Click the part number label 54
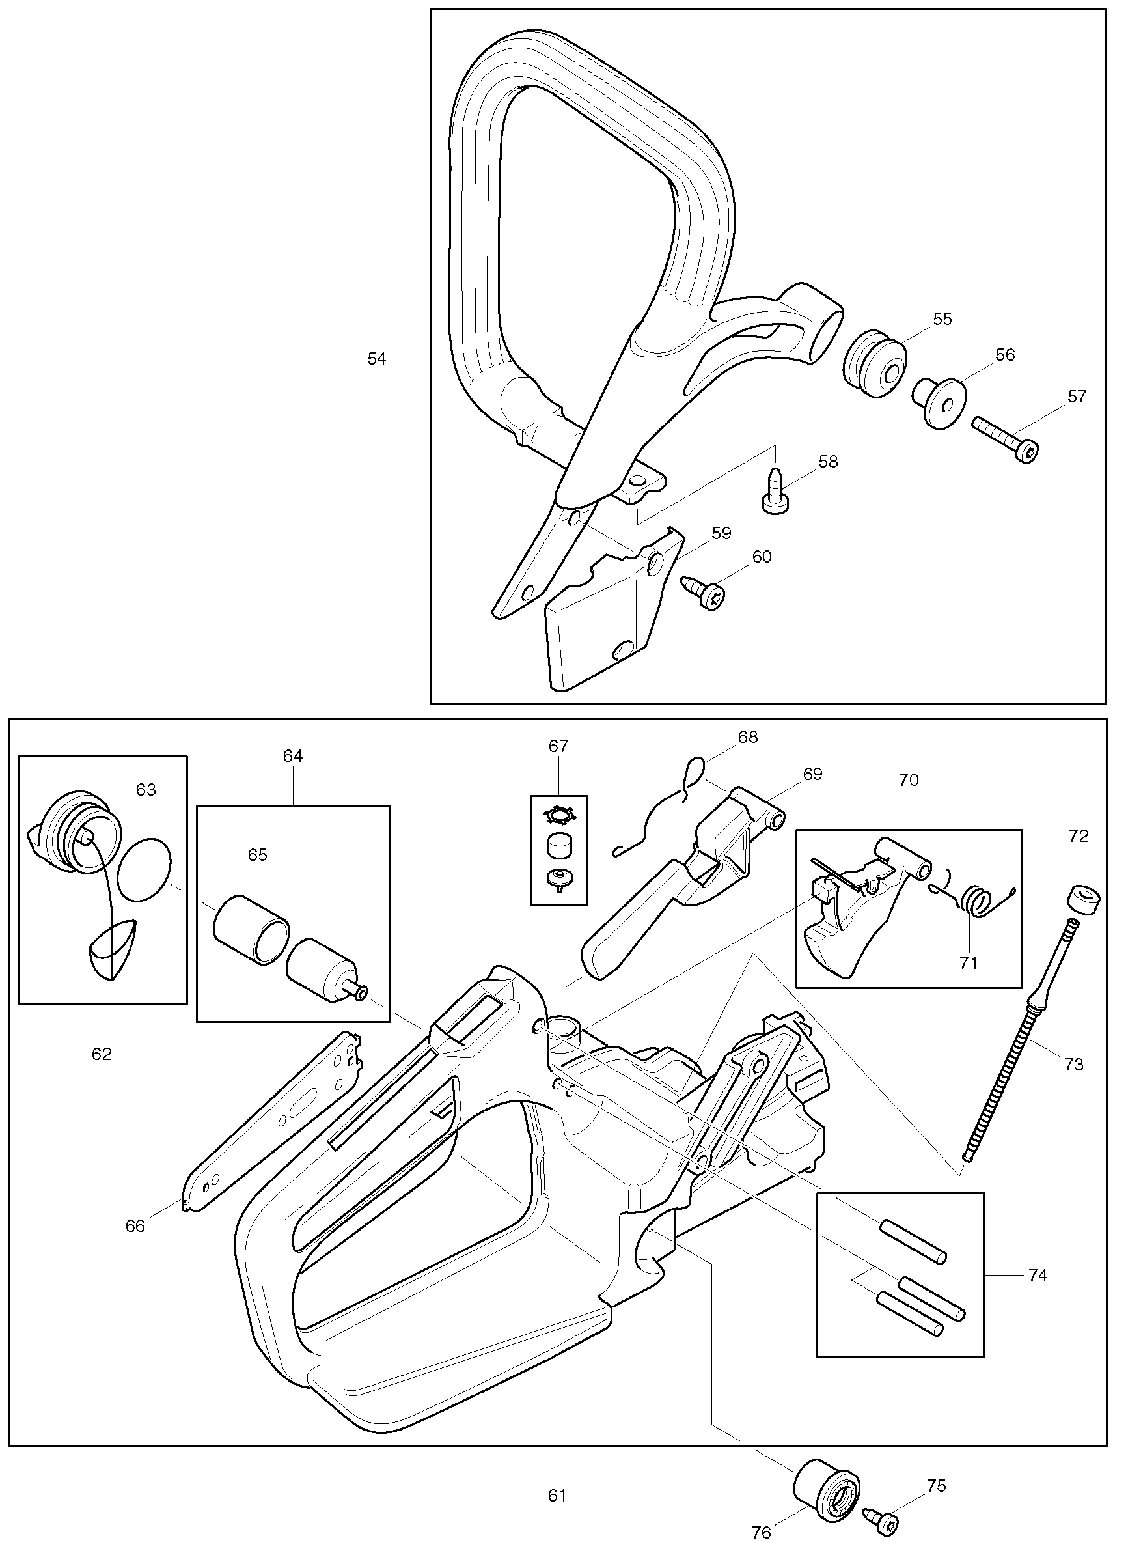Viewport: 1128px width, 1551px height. pyautogui.click(x=377, y=359)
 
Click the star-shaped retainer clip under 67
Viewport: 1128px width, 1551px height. pyautogui.click(x=558, y=815)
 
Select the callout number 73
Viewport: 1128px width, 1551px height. pyautogui.click(x=1073, y=1065)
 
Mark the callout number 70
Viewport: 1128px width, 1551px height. pyautogui.click(x=909, y=779)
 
